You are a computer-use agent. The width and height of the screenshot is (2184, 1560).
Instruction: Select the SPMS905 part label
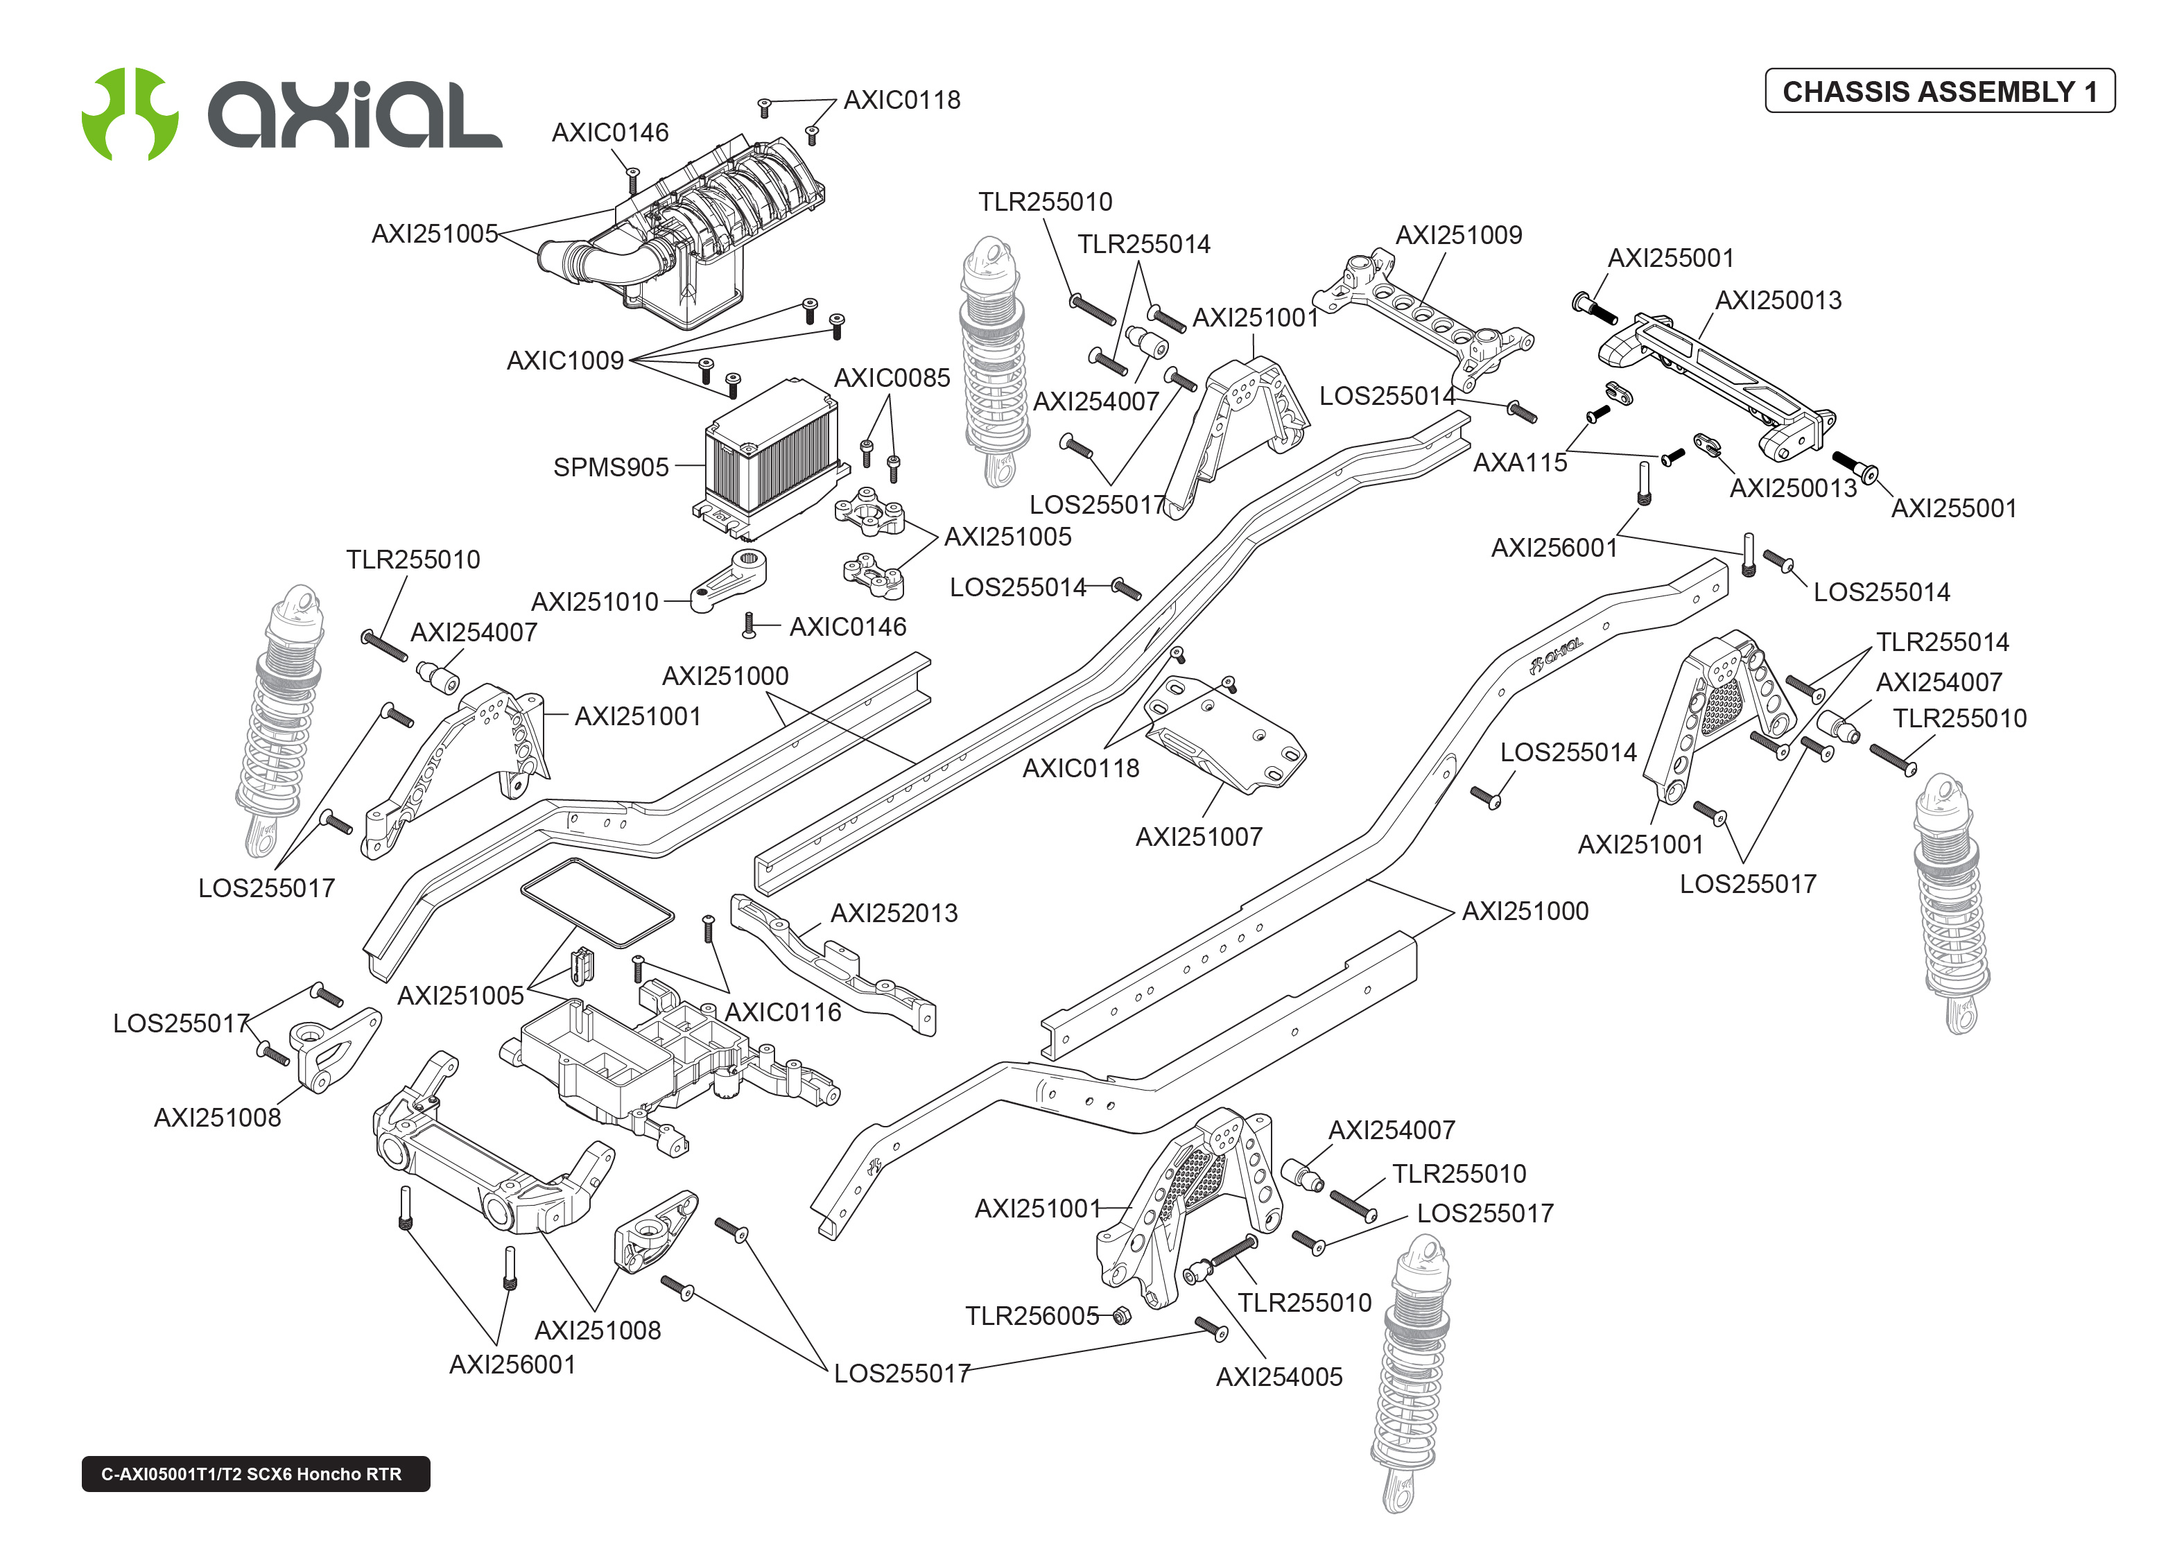(611, 468)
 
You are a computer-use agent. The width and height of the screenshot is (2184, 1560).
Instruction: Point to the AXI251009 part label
(1458, 235)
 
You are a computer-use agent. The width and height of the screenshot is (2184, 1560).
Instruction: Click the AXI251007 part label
(1199, 838)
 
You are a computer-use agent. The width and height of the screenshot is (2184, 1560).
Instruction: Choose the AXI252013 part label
(893, 914)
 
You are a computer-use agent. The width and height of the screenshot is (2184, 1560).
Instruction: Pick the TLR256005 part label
(1032, 1316)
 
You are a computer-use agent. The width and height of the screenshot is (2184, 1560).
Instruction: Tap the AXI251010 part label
(594, 603)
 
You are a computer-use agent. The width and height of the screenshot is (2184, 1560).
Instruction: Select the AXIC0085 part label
(891, 379)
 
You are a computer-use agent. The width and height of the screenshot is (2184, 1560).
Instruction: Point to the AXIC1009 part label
(565, 361)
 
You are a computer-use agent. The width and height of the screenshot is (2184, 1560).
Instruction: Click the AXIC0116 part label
(783, 1012)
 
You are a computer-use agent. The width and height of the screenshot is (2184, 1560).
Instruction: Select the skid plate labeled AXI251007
(1224, 735)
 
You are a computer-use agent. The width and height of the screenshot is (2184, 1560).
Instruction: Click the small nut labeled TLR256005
(1120, 1315)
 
